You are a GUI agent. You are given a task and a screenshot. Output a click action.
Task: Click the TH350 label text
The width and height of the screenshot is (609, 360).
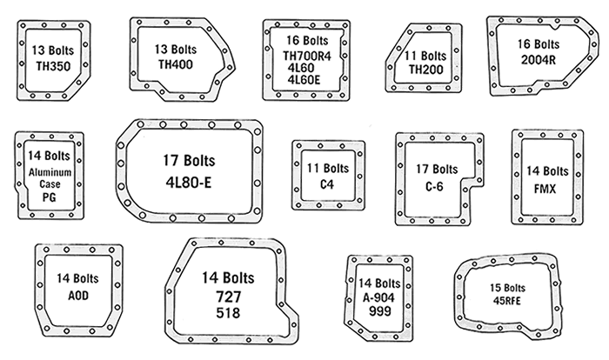(x=53, y=66)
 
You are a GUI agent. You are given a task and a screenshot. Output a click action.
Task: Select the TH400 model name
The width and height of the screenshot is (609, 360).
(x=175, y=64)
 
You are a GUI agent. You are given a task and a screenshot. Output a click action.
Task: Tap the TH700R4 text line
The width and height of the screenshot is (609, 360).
(x=307, y=56)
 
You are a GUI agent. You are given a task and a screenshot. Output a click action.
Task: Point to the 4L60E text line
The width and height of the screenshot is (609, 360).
(x=304, y=80)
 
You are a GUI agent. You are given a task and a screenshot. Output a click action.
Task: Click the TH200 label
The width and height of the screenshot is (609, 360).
(x=425, y=70)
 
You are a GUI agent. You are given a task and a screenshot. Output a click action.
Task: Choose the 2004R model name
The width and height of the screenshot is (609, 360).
(x=539, y=60)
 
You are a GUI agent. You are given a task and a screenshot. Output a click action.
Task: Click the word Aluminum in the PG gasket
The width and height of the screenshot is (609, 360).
(x=50, y=172)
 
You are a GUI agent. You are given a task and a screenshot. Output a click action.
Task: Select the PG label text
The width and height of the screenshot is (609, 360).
(x=50, y=197)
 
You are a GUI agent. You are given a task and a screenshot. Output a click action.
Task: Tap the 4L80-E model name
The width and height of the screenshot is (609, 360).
(x=189, y=182)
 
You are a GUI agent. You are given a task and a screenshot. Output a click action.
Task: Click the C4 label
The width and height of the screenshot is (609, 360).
(x=327, y=184)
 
